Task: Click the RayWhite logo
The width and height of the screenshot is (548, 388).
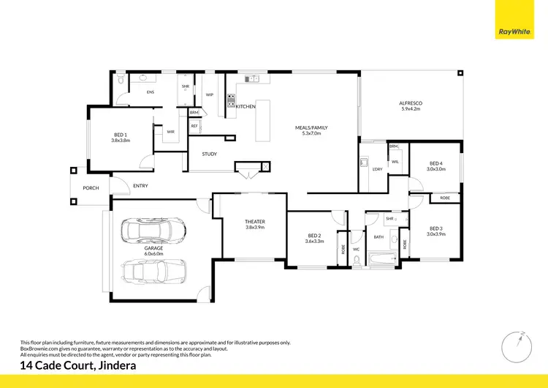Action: coord(514,20)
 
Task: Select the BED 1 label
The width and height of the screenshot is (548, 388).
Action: coord(121,135)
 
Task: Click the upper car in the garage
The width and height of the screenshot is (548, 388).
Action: coord(153,231)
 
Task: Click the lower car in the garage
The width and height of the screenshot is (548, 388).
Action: coord(153,273)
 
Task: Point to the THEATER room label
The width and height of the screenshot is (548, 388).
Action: coord(254,221)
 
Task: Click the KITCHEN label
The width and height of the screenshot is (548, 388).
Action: coord(246,107)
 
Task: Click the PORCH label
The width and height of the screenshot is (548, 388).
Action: coord(91,188)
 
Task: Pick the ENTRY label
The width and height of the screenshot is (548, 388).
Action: coord(140,186)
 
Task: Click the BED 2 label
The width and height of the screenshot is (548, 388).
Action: coord(316,235)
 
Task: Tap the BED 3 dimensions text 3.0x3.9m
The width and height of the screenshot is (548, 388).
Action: coord(436,234)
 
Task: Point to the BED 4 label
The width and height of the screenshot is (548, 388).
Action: coord(436,163)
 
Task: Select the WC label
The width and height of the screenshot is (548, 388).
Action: coord(356,249)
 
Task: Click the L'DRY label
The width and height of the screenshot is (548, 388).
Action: coord(377,170)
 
